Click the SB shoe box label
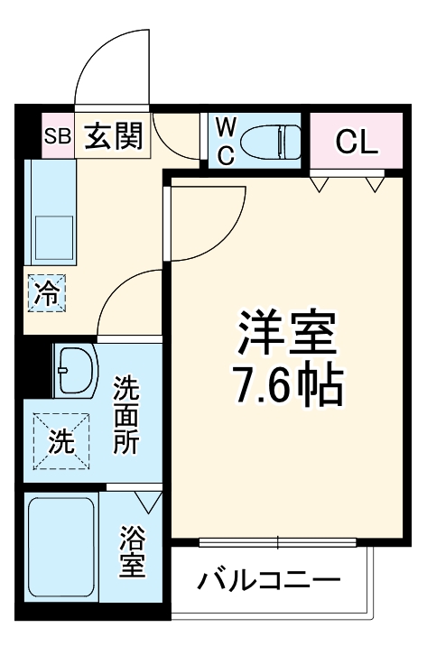pos(58,138)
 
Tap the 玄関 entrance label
pos(115,137)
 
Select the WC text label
pos(226,140)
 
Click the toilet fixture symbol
pos(275,141)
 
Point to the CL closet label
pos(356,142)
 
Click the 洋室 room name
pos(286,335)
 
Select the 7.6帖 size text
pos(286,386)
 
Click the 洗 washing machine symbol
pos(60,442)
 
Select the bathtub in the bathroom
pos(61,551)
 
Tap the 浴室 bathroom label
pos(133,554)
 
